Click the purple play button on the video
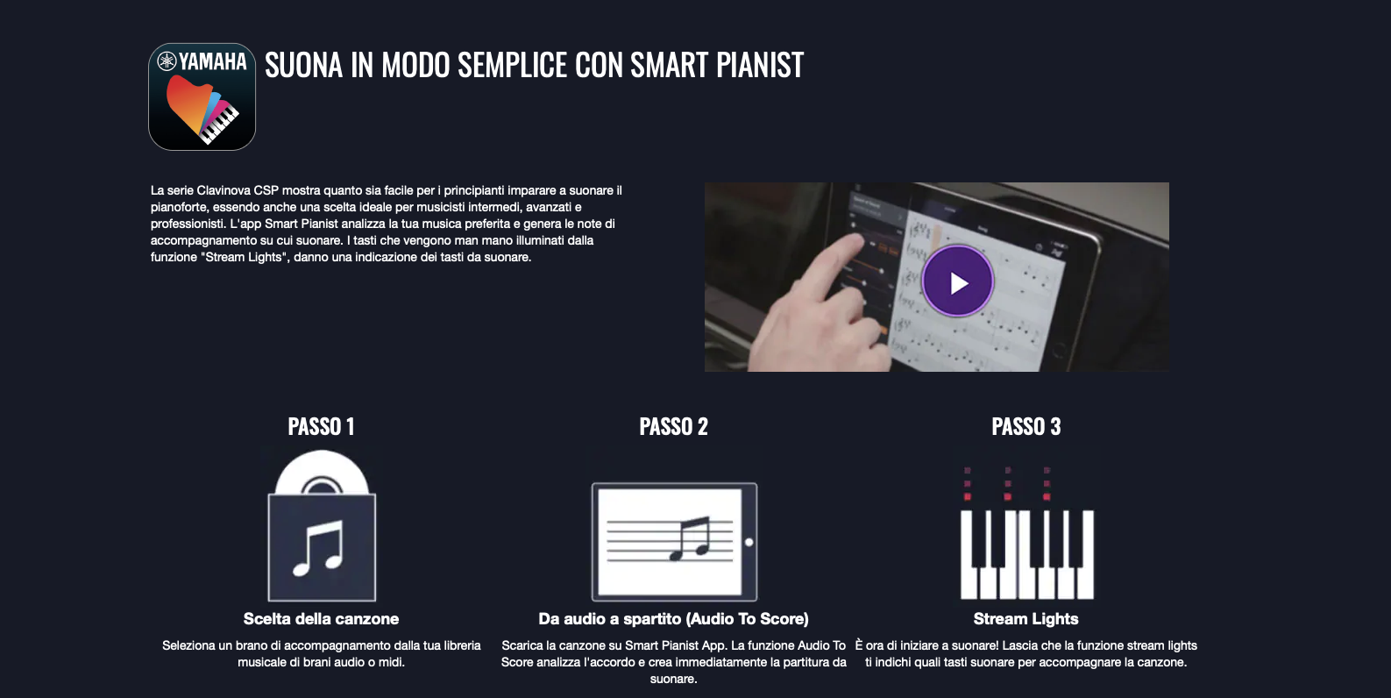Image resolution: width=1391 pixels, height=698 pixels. click(957, 282)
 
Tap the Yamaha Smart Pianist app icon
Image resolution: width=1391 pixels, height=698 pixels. click(202, 96)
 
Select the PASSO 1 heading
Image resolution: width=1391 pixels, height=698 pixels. click(321, 427)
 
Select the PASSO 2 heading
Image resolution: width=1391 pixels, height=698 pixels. click(674, 427)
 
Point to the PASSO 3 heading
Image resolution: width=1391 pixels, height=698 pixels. click(1026, 427)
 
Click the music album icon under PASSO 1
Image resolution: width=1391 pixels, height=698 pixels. click(322, 525)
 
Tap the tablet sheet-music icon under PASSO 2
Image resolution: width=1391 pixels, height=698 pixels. click(674, 542)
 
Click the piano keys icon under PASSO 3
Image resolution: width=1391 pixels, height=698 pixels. click(1027, 533)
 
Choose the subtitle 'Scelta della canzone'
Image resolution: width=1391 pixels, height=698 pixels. click(321, 619)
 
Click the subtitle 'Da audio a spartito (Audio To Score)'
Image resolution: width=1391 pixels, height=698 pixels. click(674, 619)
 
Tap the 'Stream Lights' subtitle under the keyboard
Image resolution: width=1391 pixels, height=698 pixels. click(1026, 619)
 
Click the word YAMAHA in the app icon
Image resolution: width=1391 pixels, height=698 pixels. click(212, 61)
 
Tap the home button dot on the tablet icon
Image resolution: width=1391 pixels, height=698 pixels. click(749, 542)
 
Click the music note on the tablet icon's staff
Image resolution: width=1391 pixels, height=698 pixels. click(691, 538)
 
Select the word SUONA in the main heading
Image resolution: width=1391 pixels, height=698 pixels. click(303, 65)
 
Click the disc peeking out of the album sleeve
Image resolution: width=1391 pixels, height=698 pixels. click(322, 472)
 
